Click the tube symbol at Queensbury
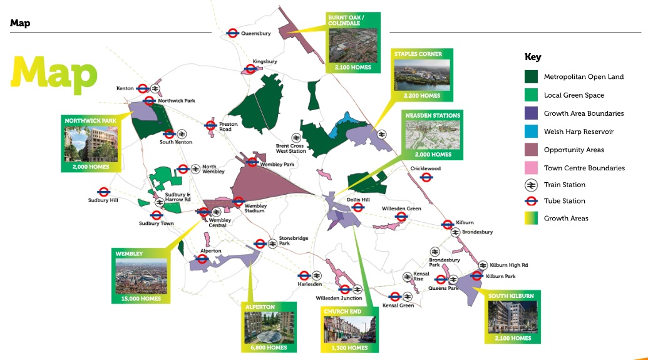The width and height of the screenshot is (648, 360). point(232,34)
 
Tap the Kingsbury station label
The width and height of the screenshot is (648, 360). point(265,61)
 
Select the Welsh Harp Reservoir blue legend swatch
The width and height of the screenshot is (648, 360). point(531,131)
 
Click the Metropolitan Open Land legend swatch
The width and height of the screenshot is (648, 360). point(531,77)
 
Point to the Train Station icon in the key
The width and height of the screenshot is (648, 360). point(531,185)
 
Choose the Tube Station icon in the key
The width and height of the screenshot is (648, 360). point(531,201)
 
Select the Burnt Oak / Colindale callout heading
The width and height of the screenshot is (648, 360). point(344,20)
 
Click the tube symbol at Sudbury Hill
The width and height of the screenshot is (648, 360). point(103,192)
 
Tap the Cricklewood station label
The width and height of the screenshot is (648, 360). point(426,168)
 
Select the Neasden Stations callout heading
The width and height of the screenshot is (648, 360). point(433,116)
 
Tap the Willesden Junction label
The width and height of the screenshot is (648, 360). point(339,298)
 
